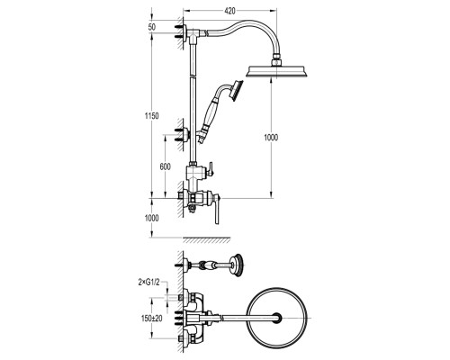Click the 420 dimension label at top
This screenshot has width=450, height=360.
point(229,11)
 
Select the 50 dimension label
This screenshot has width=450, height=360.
point(152,27)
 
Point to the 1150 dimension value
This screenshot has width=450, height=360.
point(152,116)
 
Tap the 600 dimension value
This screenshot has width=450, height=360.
point(165,166)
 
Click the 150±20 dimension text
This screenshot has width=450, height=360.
point(152,319)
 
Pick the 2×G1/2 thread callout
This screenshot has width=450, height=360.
point(149,282)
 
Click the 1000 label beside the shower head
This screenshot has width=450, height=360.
point(271,138)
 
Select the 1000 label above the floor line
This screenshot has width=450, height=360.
point(152,218)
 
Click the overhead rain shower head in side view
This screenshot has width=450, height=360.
point(276,72)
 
